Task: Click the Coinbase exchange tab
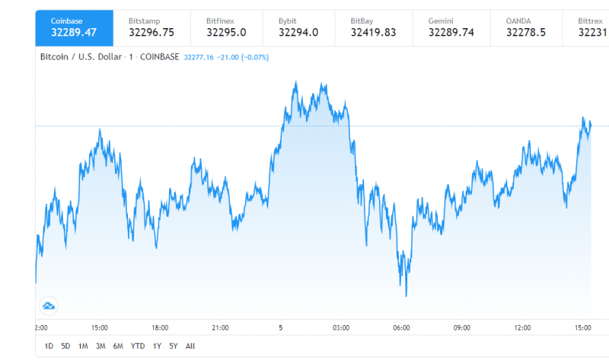pyautogui.click(x=74, y=27)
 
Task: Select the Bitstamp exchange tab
pyautogui.click(x=149, y=27)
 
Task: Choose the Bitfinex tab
pyautogui.click(x=224, y=27)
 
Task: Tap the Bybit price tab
pyautogui.click(x=298, y=27)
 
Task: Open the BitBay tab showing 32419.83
pyautogui.click(x=373, y=27)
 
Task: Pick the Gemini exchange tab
pyautogui.click(x=451, y=27)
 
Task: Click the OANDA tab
pyautogui.click(x=527, y=27)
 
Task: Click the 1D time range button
pyautogui.click(x=49, y=346)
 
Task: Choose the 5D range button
pyautogui.click(x=65, y=346)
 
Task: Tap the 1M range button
pyautogui.click(x=83, y=346)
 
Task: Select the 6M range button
pyautogui.click(x=118, y=346)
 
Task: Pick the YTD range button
pyautogui.click(x=138, y=346)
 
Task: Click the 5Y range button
pyautogui.click(x=174, y=346)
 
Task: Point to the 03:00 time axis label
pyautogui.click(x=341, y=327)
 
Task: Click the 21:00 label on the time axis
pyautogui.click(x=220, y=327)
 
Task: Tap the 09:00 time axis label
pyautogui.click(x=462, y=327)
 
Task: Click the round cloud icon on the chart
pyautogui.click(x=49, y=306)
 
